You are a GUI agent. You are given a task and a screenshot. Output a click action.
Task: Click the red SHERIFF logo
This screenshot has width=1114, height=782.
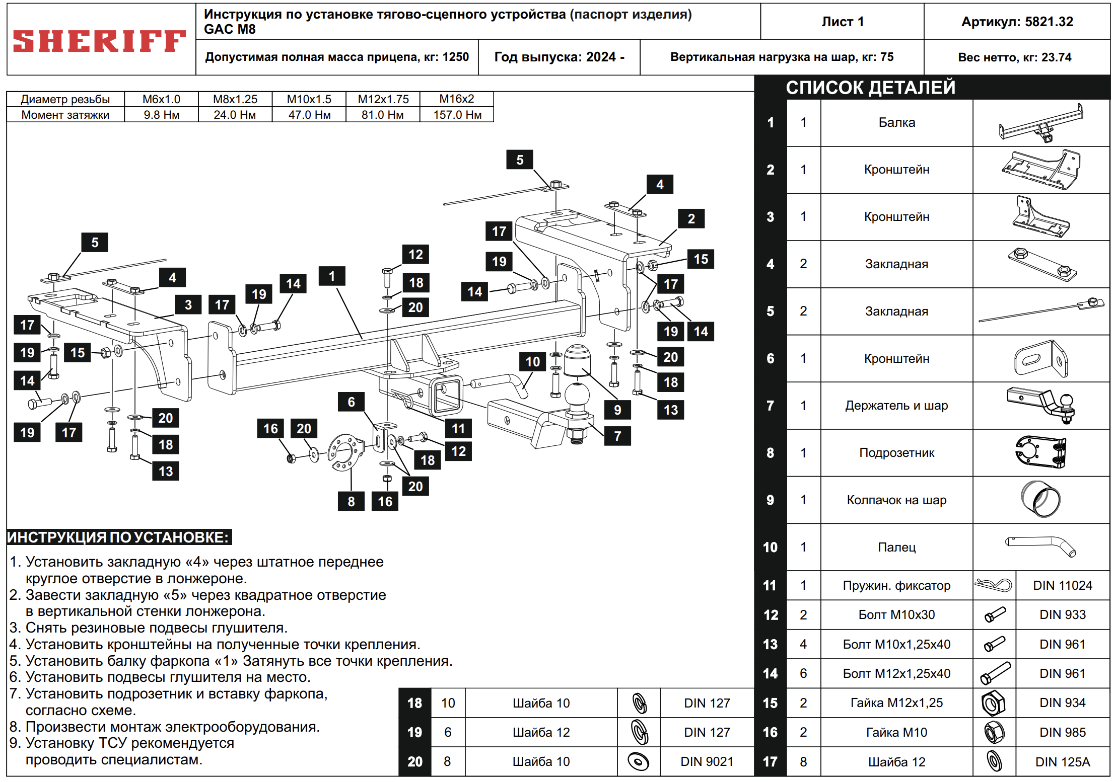(99, 41)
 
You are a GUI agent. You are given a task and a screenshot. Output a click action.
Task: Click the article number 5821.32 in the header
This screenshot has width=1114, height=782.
(1017, 22)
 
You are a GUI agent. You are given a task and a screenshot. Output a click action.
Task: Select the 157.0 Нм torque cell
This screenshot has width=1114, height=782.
(457, 115)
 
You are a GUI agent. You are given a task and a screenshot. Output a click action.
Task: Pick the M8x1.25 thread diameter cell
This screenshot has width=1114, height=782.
(235, 99)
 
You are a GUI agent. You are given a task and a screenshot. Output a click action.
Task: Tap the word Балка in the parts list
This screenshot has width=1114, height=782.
(896, 122)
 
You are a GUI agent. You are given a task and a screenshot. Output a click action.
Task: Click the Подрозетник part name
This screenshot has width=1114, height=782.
(896, 452)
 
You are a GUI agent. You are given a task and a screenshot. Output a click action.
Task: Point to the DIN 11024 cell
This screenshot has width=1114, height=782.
(1062, 585)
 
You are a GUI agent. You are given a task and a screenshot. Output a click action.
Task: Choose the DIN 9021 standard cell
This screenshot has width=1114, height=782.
(707, 761)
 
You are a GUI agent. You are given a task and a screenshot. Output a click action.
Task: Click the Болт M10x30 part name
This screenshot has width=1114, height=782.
(896, 614)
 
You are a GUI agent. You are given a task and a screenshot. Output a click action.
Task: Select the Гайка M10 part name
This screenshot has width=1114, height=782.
(896, 732)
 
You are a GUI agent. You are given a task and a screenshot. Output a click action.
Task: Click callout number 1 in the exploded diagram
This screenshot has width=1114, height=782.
(332, 276)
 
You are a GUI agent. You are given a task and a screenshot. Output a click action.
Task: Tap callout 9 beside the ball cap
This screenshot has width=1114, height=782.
(617, 410)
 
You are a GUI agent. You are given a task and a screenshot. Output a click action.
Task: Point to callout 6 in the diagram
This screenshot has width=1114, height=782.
(351, 402)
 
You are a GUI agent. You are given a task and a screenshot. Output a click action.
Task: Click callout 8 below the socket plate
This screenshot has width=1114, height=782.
(351, 501)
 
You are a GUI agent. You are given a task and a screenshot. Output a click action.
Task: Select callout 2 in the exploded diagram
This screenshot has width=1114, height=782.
(691, 218)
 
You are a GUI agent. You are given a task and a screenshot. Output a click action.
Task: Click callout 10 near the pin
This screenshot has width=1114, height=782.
(532, 361)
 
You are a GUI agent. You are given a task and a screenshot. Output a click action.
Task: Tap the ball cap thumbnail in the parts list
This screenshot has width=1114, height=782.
(1040, 499)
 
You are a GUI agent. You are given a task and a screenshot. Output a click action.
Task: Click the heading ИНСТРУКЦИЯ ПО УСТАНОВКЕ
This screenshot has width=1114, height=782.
(119, 537)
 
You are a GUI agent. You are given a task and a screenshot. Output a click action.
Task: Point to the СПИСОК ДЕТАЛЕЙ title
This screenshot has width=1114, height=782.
(870, 88)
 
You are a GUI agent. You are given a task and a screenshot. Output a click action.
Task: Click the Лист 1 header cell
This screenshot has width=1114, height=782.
(842, 22)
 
